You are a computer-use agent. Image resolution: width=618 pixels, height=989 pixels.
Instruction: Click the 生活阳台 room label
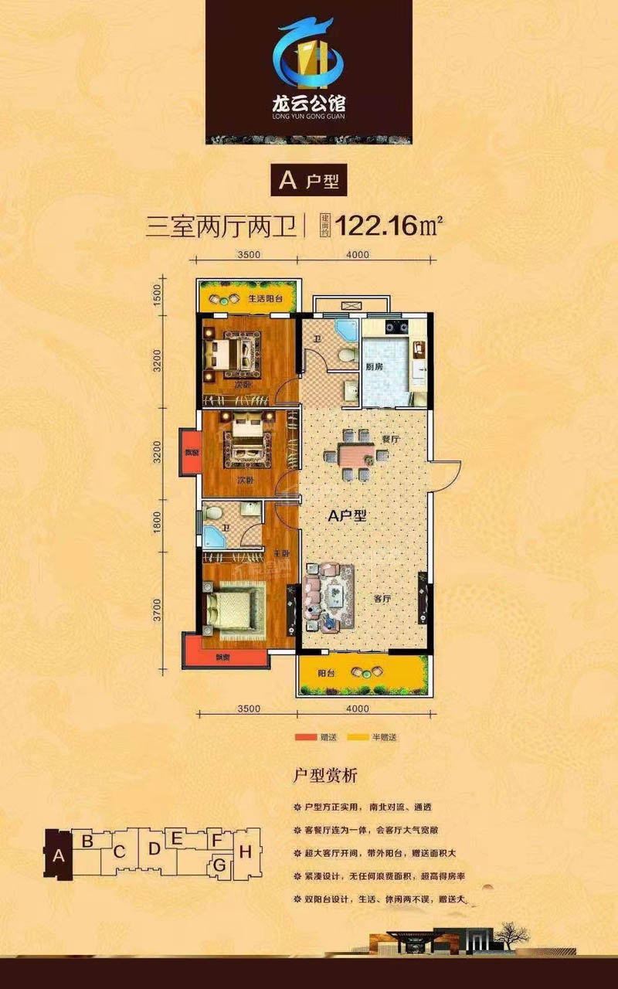pos(265,298)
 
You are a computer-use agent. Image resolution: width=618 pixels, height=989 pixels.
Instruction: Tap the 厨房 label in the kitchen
pos(374,366)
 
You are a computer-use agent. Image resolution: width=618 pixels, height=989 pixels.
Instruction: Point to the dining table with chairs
pos(356,454)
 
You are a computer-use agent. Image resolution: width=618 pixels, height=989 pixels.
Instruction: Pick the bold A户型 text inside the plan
pos(348,518)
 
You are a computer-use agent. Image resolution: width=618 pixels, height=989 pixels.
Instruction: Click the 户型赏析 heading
pos(324,774)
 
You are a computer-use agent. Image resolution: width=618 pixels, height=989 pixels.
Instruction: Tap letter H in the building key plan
pos(245,853)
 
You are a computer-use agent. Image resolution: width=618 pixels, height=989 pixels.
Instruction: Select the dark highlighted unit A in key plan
pos(57,855)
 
